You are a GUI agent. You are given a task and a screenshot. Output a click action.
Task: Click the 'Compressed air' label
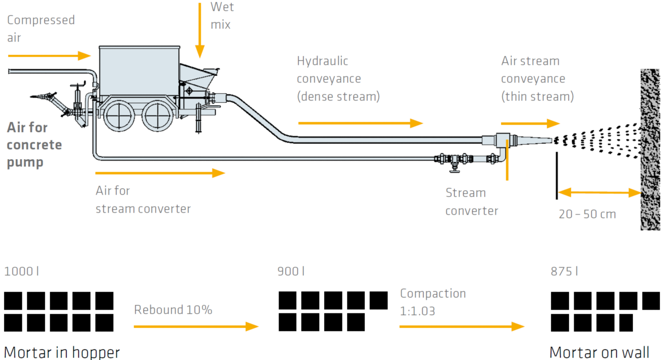[40, 29]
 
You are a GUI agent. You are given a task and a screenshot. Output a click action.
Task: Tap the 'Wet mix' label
[222, 16]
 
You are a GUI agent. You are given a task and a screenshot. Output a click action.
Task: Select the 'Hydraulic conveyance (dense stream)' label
[338, 78]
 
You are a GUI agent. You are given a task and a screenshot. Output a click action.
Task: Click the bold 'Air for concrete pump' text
[34, 145]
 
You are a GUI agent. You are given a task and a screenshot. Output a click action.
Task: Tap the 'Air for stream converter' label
[143, 200]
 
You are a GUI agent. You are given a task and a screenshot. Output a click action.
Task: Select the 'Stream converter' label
[472, 202]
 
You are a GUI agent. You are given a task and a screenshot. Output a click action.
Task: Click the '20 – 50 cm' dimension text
[587, 214]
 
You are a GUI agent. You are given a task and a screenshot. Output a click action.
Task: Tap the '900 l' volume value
[291, 271]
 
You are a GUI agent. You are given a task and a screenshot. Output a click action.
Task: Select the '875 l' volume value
[564, 271]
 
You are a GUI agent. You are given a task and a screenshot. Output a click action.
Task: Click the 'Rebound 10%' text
[173, 310]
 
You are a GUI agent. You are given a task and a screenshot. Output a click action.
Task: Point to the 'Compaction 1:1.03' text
[433, 302]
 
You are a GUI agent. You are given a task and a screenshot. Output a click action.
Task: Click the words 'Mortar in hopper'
[62, 352]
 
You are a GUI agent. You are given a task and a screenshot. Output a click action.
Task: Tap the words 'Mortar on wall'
[599, 352]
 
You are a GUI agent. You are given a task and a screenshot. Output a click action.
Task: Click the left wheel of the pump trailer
[119, 116]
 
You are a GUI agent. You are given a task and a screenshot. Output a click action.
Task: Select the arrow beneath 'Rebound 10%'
[196, 326]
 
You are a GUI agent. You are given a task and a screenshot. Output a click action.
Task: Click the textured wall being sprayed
[650, 150]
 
